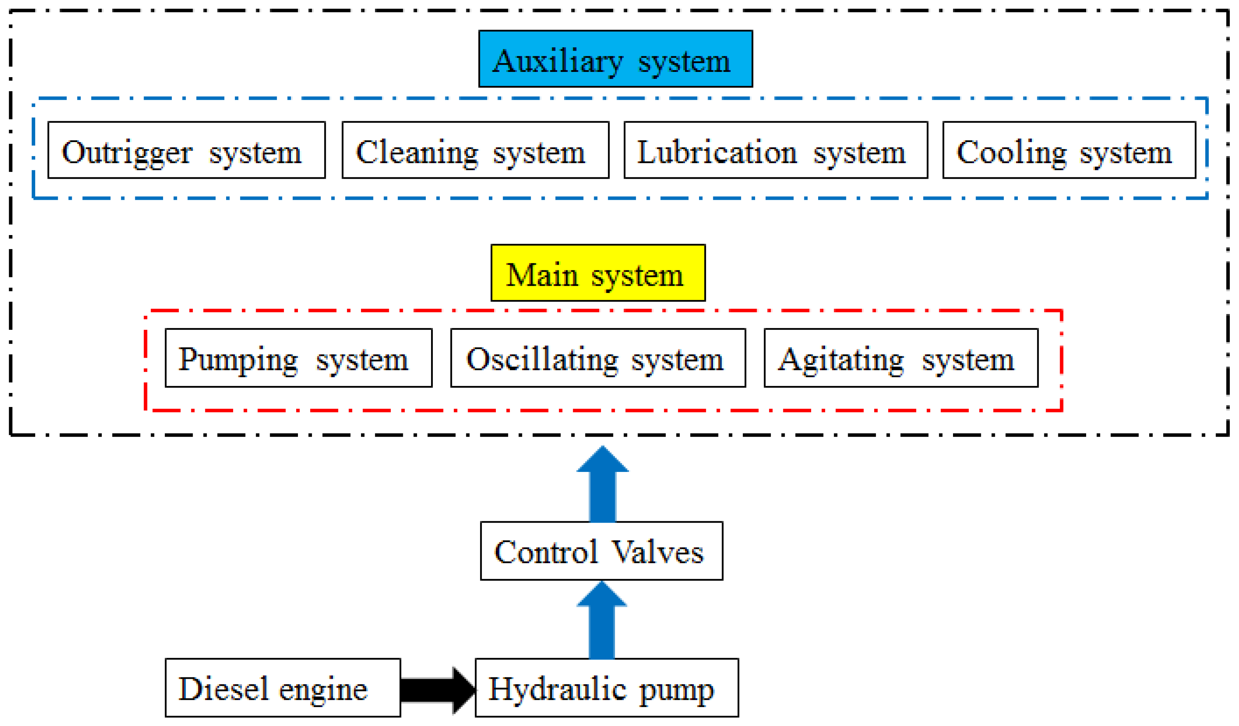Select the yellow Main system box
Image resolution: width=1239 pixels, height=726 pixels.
coord(598,273)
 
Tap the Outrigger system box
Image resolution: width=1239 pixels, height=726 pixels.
coord(186,150)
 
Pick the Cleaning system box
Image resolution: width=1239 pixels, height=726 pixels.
coord(475,150)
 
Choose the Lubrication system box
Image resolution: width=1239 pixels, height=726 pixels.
coord(776,150)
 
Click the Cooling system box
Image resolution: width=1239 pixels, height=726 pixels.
coord(1069,150)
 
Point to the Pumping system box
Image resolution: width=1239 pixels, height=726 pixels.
coord(298,358)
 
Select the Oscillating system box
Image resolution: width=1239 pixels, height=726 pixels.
coord(598,358)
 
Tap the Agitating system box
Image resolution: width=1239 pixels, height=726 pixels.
coord(901,358)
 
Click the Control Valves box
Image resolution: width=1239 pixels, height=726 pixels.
coord(601,551)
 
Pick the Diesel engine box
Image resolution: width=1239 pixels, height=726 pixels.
coord(283,688)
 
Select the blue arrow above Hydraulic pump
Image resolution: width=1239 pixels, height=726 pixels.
coord(601,622)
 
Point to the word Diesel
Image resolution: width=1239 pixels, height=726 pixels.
coord(223,689)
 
